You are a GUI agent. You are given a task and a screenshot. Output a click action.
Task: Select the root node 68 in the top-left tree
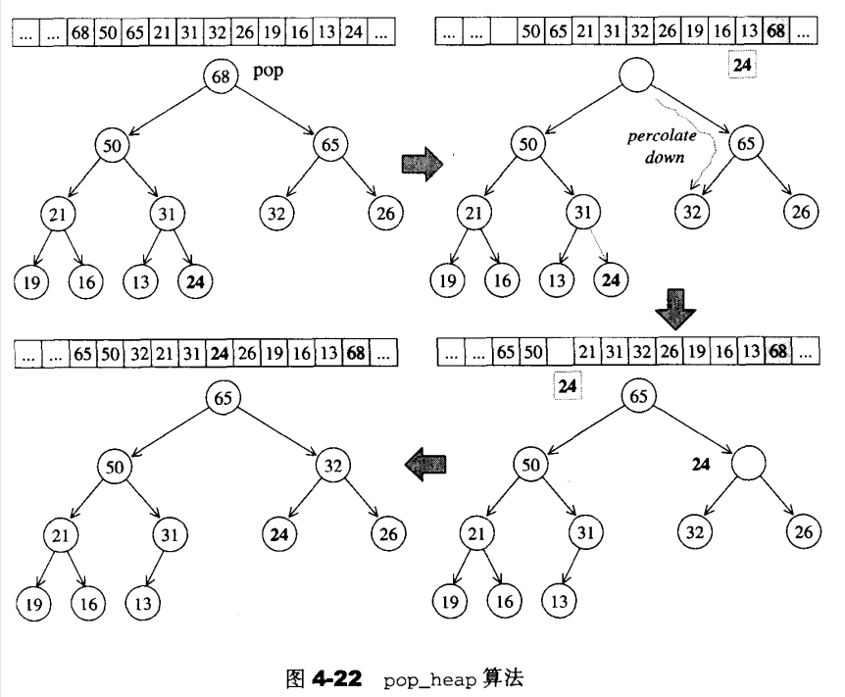coord(223,76)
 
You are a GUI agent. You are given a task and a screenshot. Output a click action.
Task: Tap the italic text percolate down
coord(658,146)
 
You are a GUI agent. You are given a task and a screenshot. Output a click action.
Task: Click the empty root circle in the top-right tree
coord(637,76)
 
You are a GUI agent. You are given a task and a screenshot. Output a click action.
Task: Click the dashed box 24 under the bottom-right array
coord(568,386)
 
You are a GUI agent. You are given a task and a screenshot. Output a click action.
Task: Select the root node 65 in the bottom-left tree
coord(224,398)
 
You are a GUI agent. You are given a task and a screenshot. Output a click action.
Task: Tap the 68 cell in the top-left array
coord(80,32)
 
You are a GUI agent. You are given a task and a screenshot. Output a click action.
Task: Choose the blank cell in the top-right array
coord(503,32)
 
